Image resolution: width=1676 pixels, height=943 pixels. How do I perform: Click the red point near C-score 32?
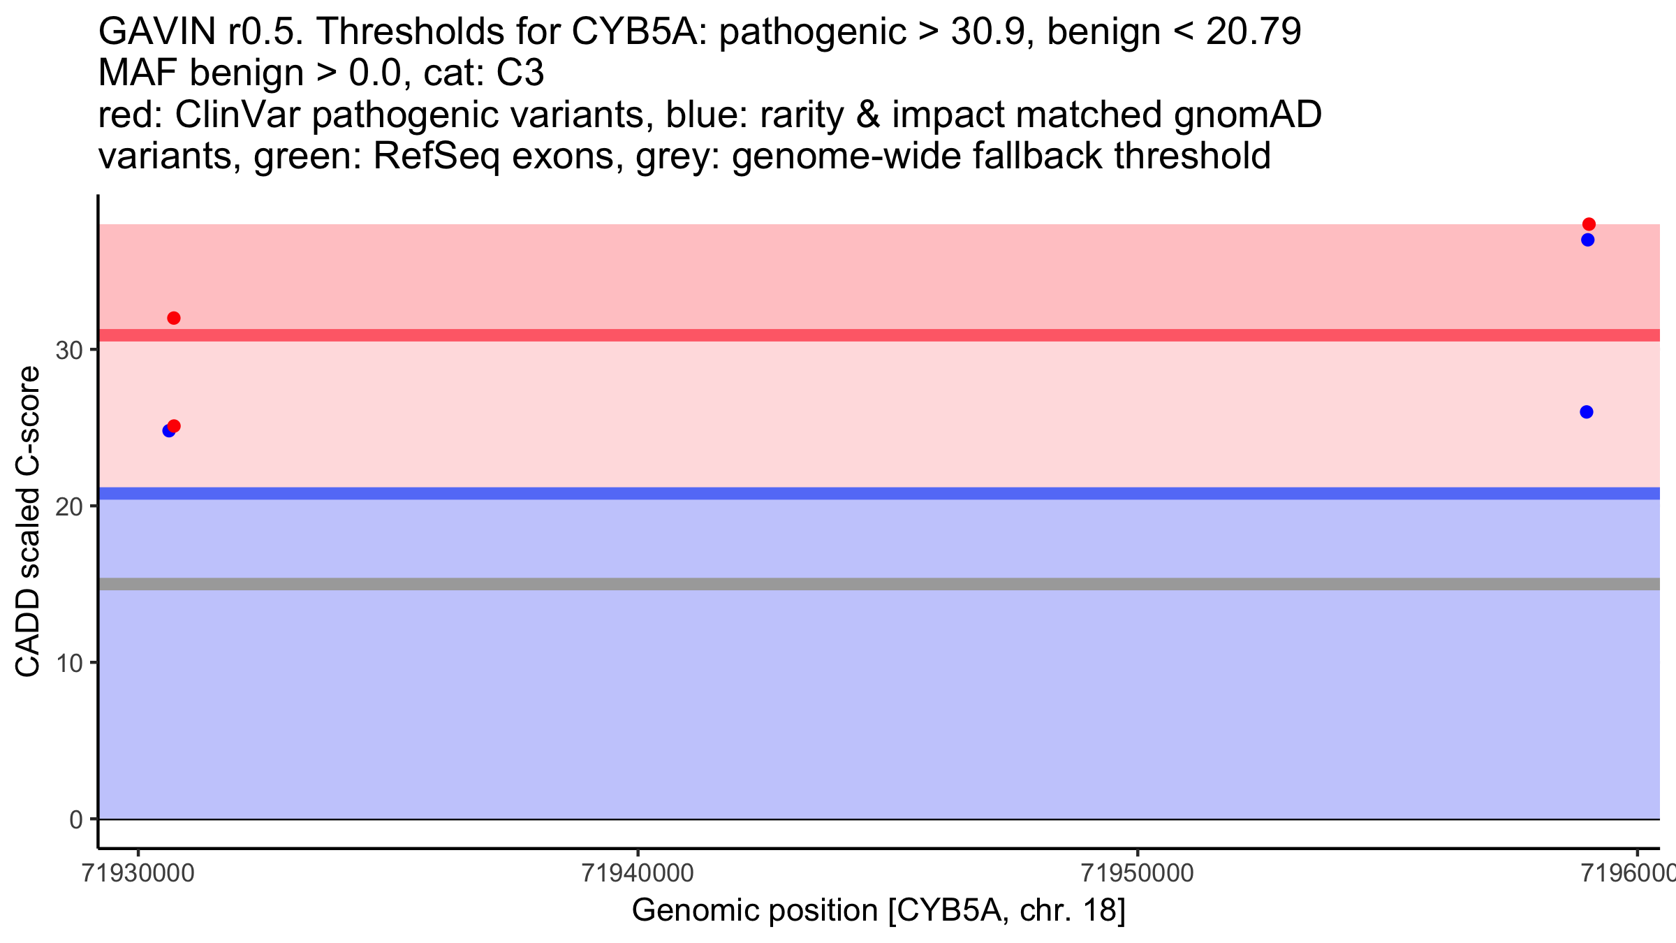pos(174,319)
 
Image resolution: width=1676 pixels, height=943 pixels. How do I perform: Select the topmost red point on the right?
pos(1589,224)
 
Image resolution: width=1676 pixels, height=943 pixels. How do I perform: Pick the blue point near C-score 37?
pos(1587,240)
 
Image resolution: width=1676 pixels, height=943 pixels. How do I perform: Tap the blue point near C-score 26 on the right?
pos(1587,412)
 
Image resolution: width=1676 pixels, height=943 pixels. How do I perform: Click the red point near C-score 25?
pos(175,426)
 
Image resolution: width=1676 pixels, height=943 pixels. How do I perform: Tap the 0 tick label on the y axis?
pos(76,819)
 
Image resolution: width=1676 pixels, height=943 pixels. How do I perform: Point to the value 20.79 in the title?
pos(1254,31)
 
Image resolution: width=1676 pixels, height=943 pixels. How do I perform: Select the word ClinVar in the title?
pos(237,115)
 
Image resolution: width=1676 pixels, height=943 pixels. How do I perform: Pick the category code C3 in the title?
pos(520,73)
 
